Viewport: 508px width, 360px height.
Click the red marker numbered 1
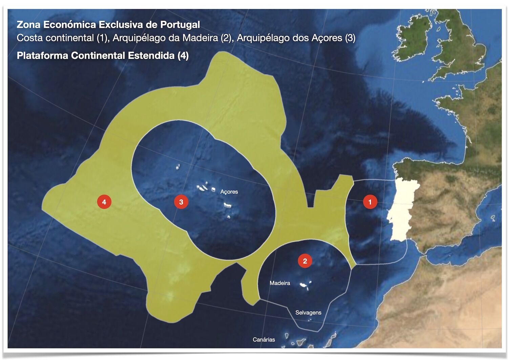point(370,202)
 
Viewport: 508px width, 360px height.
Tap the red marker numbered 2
point(305,261)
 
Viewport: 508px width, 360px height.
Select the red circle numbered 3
point(181,202)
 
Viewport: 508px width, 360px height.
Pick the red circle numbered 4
point(104,202)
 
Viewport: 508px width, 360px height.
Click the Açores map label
point(229,192)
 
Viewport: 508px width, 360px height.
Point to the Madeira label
point(280,283)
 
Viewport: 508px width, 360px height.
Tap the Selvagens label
point(308,313)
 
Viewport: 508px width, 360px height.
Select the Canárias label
point(264,340)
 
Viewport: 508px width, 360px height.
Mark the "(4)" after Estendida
point(183,55)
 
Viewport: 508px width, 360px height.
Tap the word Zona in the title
point(28,25)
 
